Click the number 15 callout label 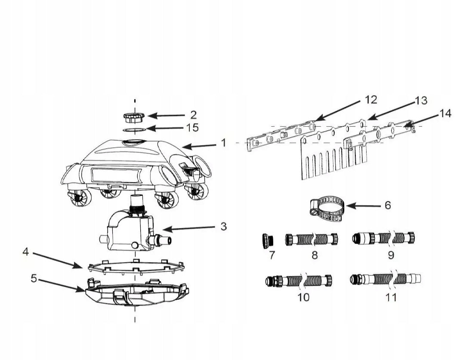[x=192, y=128]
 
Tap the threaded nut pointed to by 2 [x=134, y=117]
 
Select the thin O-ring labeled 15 [x=134, y=130]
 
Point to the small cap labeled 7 [x=267, y=241]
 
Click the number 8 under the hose [x=315, y=255]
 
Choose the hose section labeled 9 [x=383, y=238]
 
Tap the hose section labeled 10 [x=299, y=281]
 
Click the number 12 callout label [x=371, y=100]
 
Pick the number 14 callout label [x=445, y=114]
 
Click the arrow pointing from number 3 [x=188, y=228]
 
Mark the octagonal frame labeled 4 [x=136, y=267]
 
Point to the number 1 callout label [x=223, y=143]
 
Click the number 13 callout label [x=421, y=101]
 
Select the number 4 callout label [x=26, y=252]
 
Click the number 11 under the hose [x=391, y=297]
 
